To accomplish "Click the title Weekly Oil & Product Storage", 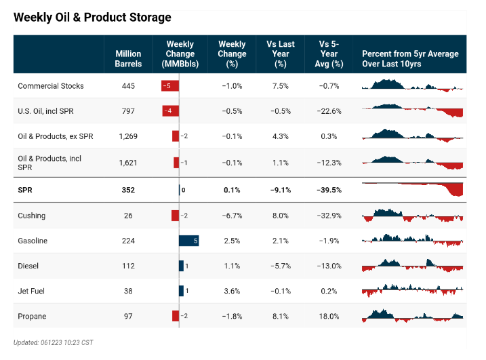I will click(92, 17).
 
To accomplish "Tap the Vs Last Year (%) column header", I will click(280, 54).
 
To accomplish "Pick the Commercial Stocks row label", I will click(51, 86).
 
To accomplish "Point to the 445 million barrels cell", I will click(128, 86).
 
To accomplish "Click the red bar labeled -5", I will click(169, 86).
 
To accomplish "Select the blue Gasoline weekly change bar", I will click(188, 241).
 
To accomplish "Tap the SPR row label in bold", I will click(25, 191).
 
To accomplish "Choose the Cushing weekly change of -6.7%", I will click(232, 216).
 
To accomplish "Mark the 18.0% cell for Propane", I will click(329, 316).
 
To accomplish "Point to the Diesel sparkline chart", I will click(412, 265).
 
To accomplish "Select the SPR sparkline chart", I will click(412, 189).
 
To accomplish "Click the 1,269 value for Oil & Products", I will click(128, 136).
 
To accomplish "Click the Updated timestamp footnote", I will click(54, 342).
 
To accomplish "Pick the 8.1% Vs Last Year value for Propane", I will click(280, 316).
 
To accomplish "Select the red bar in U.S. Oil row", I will click(170, 111).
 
